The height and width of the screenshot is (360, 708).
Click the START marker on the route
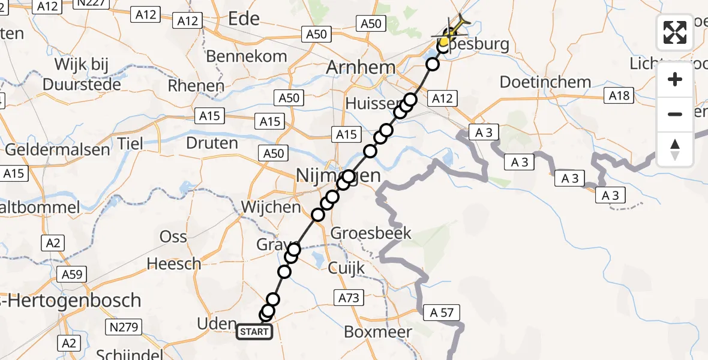[255, 331]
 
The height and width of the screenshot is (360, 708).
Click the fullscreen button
[675, 32]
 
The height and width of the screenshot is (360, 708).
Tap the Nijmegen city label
[339, 176]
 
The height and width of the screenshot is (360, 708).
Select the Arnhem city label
[361, 67]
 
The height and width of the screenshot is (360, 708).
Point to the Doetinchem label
[536, 82]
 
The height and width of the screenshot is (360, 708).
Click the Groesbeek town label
[371, 233]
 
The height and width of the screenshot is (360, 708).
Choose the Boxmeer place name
[378, 332]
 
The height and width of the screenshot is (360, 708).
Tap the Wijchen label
[271, 207]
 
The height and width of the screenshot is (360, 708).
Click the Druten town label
[212, 143]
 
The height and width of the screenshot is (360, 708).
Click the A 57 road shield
[442, 312]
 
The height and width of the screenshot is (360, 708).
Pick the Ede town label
[244, 19]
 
